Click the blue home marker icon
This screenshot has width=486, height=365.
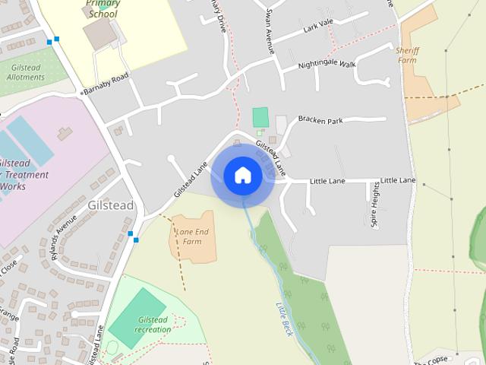[x=243, y=175]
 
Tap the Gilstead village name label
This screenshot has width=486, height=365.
[x=111, y=205]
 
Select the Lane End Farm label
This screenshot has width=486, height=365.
[x=191, y=236]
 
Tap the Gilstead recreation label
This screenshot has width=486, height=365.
[x=153, y=325]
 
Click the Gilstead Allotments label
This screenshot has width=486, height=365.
[x=25, y=72]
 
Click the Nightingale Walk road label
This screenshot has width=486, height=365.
[x=327, y=65]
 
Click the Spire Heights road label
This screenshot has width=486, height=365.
[x=375, y=205]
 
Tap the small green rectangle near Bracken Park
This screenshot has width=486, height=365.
[x=260, y=117]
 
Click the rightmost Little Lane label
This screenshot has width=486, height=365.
[x=398, y=180]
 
